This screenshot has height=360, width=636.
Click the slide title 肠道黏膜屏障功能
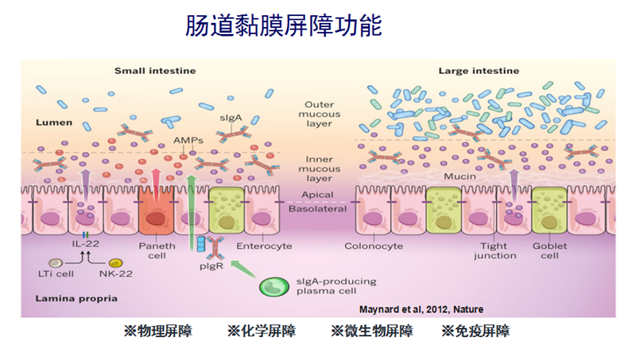[284, 26]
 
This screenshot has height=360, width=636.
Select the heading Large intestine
[476, 71]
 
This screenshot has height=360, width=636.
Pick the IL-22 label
[85, 246]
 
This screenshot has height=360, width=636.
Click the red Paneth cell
[157, 211]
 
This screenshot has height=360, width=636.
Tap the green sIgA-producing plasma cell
[275, 286]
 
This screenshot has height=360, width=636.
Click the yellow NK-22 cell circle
[115, 263]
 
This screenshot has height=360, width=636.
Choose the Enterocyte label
[269, 246]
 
